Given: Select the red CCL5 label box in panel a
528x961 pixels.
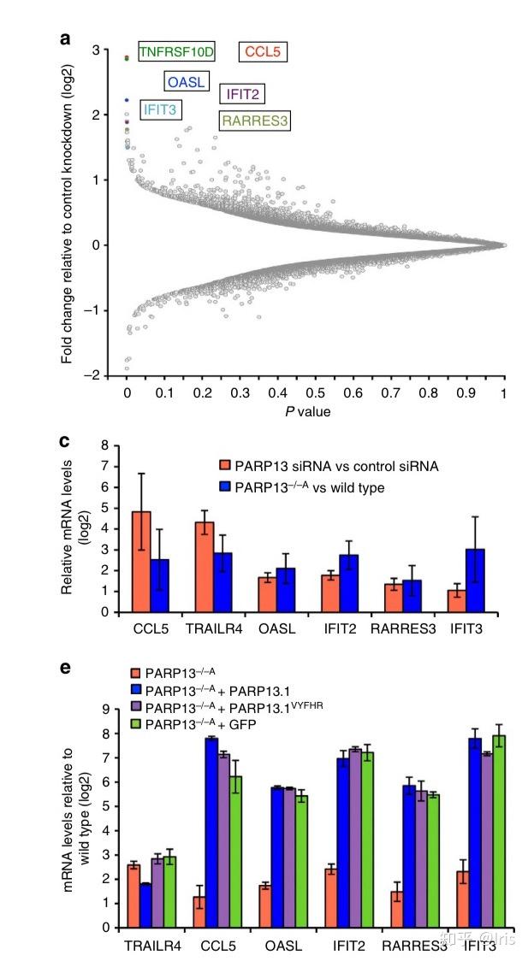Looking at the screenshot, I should point(262,53).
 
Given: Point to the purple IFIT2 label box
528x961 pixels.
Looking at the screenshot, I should point(243,93).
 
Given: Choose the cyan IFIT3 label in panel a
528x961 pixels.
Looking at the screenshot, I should point(160,109).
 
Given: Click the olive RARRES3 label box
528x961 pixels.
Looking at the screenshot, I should point(255,121).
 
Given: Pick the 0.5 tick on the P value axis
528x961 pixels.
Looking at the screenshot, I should point(316,392).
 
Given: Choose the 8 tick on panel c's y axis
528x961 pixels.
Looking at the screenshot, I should point(104,445).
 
